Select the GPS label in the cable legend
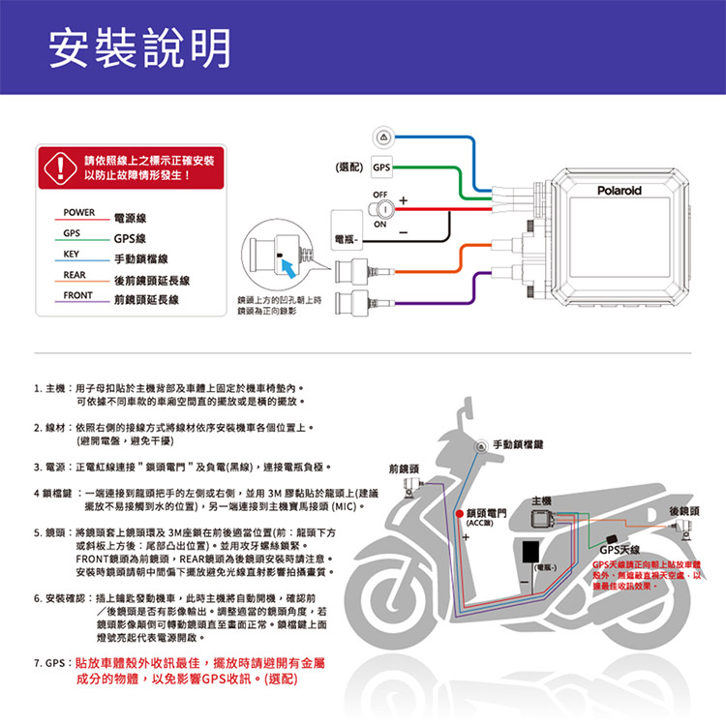coord(72,233)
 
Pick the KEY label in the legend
coord(71,254)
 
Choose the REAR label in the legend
coord(76,275)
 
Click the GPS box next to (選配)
coord(381,167)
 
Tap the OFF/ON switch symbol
coord(384,209)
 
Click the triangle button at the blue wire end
coord(384,134)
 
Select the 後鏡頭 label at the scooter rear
coord(684,512)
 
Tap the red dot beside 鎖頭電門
coord(459,512)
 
